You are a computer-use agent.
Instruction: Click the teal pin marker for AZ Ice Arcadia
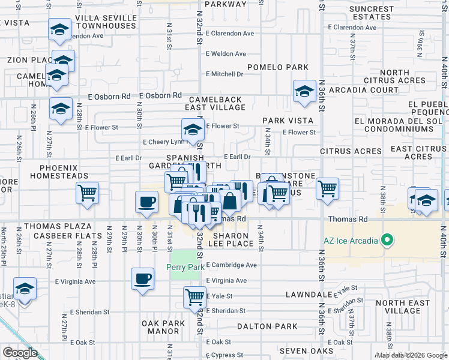387,241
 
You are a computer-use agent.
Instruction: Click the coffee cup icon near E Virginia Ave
142,279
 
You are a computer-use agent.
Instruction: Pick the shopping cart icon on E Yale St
194,296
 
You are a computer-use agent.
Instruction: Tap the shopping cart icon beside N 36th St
327,189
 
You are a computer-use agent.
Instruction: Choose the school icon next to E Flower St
192,129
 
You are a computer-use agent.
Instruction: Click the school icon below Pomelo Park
304,92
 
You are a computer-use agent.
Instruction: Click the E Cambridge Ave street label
231,265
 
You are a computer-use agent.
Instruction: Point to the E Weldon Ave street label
226,54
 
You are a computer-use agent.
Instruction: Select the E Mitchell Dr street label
224,74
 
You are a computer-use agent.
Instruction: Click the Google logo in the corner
20,353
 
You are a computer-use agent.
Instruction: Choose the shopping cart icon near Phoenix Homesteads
88,193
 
